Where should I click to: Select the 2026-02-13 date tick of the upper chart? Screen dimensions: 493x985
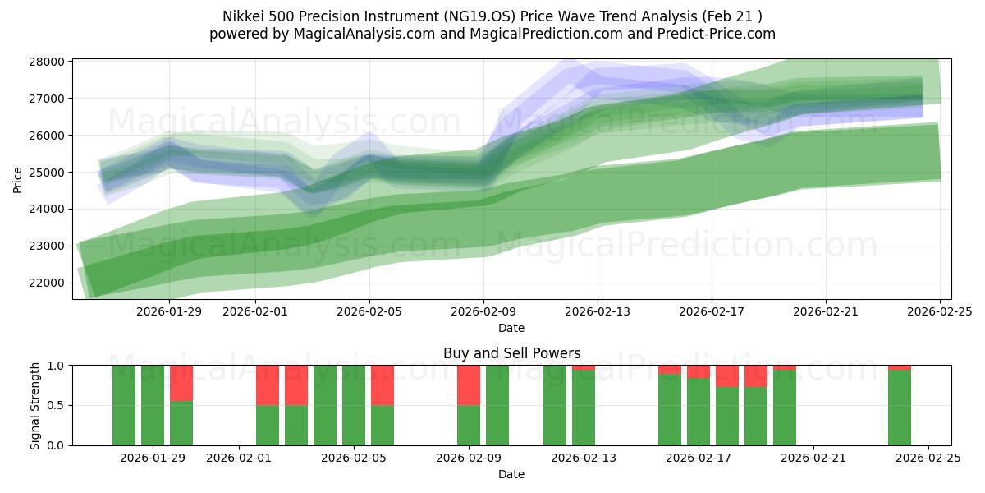pyautogui.click(x=598, y=311)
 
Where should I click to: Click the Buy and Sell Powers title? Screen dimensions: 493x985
pyautogui.click(x=511, y=353)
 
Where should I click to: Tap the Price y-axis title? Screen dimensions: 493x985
pyautogui.click(x=17, y=178)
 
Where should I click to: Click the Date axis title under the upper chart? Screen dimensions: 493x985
pyautogui.click(x=511, y=328)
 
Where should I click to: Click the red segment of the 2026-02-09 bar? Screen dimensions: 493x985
pyautogui.click(x=469, y=385)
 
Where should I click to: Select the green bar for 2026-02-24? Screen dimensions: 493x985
pyautogui.click(x=900, y=408)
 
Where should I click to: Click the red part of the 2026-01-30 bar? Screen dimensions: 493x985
pyautogui.click(x=181, y=383)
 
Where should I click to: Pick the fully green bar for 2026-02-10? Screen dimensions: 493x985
pyautogui.click(x=497, y=405)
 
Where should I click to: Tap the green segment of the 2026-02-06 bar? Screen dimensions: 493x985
pyautogui.click(x=383, y=425)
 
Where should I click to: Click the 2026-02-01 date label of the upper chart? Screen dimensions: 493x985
pyautogui.click(x=254, y=311)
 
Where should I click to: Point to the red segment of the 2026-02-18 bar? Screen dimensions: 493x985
pyautogui.click(x=727, y=376)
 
